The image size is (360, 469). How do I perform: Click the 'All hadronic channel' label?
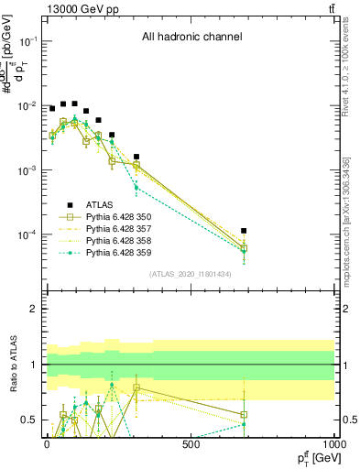point(191,37)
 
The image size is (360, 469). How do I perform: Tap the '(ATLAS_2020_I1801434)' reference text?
point(190,274)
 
